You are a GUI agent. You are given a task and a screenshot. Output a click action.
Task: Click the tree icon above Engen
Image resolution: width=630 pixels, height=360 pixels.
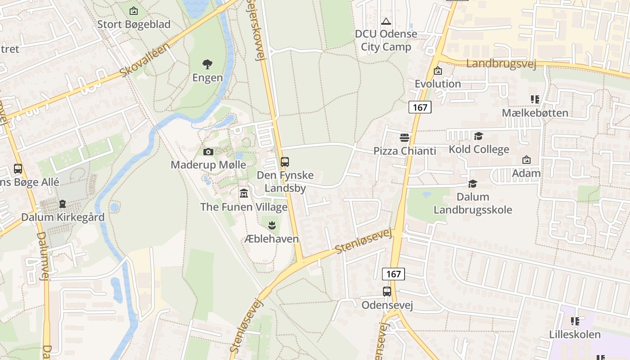(x=207, y=64)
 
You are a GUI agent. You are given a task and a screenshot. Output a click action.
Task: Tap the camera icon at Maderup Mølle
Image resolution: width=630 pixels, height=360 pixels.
(x=208, y=152)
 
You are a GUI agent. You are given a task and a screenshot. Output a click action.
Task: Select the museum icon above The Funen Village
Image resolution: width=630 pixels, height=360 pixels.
(x=244, y=193)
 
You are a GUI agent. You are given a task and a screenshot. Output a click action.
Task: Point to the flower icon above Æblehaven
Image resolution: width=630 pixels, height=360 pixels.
(x=271, y=225)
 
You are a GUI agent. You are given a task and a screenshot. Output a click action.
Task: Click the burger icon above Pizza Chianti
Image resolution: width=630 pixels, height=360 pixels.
(x=405, y=137)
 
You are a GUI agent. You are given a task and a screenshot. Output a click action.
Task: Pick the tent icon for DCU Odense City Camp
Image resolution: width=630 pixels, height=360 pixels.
(x=386, y=21)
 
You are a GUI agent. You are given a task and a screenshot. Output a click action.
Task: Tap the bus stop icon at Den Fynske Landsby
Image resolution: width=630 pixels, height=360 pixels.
(x=284, y=162)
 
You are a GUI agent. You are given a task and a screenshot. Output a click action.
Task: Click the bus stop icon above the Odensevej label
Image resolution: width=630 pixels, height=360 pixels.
(x=387, y=292)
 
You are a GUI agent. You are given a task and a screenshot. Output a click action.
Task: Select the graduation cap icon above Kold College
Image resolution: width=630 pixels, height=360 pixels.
(x=478, y=136)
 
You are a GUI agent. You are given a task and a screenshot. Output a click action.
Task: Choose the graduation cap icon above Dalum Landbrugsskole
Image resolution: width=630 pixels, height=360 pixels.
(x=472, y=184)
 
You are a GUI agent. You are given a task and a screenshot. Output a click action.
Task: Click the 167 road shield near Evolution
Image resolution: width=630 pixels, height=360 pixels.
(x=420, y=107)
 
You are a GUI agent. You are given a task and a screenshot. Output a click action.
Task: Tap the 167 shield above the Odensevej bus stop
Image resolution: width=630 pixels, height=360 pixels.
(x=393, y=274)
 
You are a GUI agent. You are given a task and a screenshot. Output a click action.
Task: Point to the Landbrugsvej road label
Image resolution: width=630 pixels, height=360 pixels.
(x=501, y=64)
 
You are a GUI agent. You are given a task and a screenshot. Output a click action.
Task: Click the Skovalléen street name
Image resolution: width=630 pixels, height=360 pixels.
(x=145, y=60)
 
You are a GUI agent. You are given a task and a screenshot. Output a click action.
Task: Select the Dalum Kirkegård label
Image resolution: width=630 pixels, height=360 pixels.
(x=63, y=217)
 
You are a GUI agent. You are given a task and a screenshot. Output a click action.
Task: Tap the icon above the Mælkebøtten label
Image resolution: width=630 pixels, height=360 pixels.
(x=535, y=99)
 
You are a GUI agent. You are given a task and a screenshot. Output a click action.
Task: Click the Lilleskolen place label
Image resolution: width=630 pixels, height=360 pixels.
(x=575, y=334)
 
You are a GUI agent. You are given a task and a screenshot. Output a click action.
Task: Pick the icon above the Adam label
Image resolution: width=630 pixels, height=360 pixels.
(x=526, y=160)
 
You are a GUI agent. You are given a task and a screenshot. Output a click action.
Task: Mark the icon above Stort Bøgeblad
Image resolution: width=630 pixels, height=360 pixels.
(x=134, y=11)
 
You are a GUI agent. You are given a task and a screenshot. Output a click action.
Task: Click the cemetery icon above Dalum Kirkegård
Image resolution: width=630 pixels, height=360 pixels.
(x=62, y=204)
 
